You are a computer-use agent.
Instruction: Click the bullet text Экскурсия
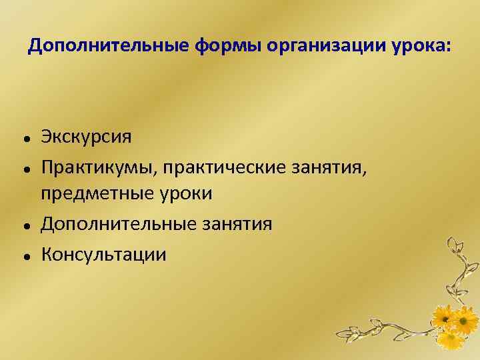click(x=86, y=136)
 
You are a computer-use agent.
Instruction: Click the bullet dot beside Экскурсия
click(x=24, y=137)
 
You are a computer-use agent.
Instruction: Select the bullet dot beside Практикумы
click(x=24, y=167)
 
